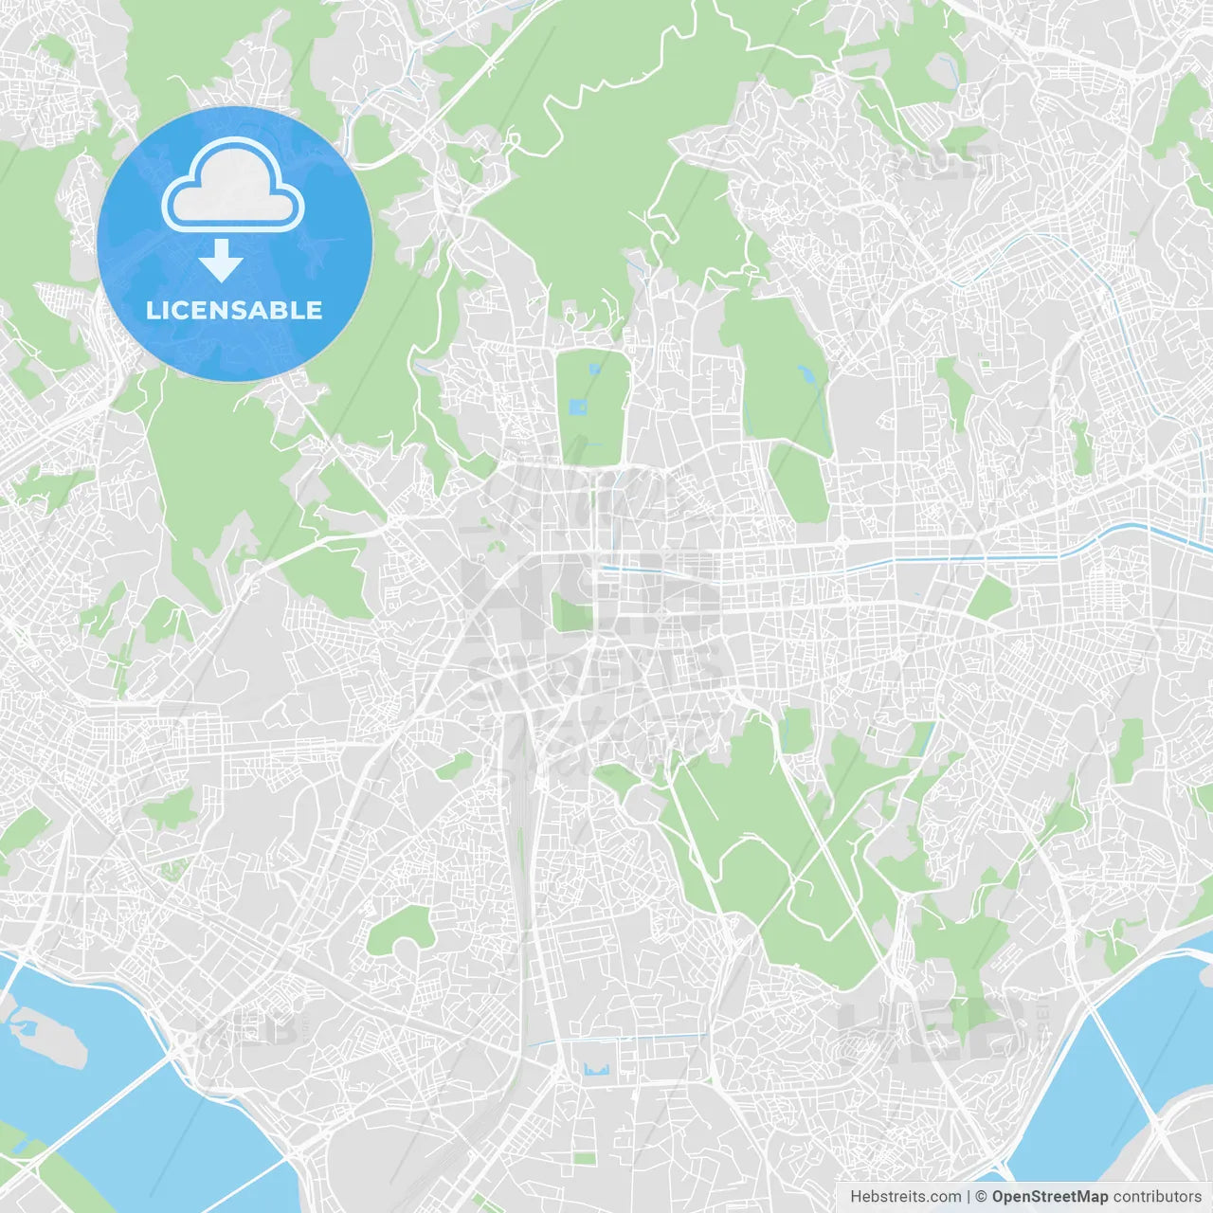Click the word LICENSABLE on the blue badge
(x=234, y=310)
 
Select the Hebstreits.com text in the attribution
(x=905, y=1197)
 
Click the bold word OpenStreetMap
(x=1049, y=1197)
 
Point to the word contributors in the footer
(x=1157, y=1197)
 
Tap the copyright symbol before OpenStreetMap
(x=982, y=1197)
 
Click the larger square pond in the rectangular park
(x=578, y=408)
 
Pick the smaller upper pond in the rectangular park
(x=594, y=370)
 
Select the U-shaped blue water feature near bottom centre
(x=596, y=1071)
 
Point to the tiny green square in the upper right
(x=985, y=364)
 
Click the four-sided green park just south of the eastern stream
(x=991, y=597)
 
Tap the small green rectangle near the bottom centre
(x=585, y=1158)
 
